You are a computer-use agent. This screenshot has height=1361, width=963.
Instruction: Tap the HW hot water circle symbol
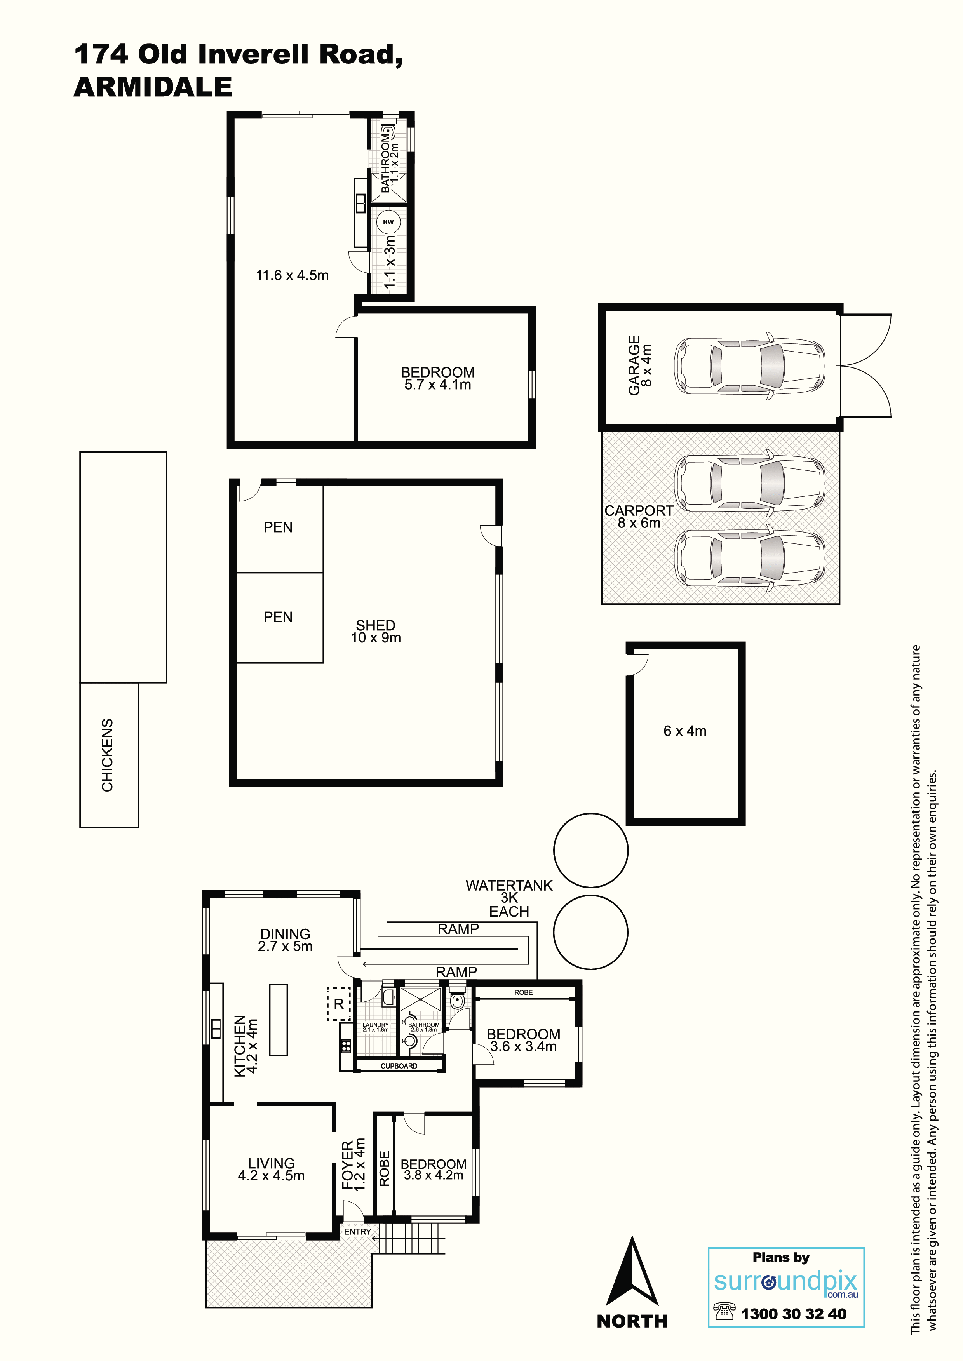(x=388, y=222)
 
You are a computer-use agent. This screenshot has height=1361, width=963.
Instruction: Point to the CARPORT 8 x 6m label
(x=639, y=516)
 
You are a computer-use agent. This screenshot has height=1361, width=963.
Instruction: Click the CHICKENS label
(x=107, y=755)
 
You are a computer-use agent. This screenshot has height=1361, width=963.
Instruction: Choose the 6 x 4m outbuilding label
(x=685, y=731)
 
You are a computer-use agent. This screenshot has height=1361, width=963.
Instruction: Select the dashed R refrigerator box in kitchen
(x=339, y=1004)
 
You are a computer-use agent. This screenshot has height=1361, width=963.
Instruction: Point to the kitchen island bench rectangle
(x=279, y=1020)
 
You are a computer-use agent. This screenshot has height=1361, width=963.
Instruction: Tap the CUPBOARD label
(x=399, y=1066)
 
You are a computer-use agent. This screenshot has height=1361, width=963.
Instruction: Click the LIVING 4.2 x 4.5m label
(x=271, y=1170)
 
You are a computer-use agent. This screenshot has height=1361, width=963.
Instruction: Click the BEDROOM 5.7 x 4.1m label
(x=438, y=378)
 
